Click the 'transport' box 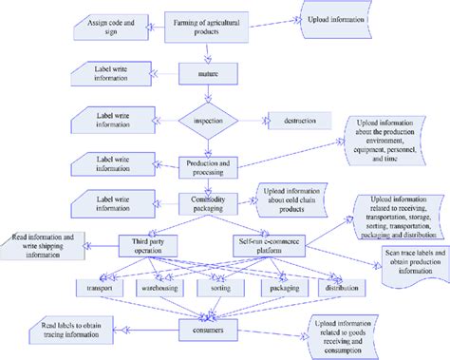[100, 286]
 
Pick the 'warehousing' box [159, 286]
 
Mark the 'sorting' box [217, 286]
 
